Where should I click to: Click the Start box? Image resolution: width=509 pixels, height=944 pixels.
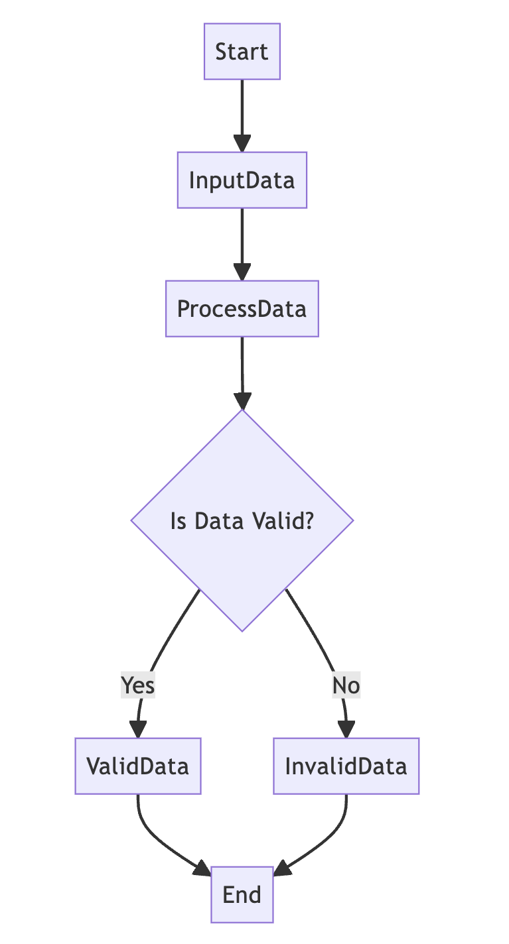coord(242,52)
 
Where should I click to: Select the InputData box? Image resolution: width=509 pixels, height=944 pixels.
coord(242,180)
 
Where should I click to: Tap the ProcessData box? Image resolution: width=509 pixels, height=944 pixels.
coord(242,309)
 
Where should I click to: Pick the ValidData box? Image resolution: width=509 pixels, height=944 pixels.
coord(138,766)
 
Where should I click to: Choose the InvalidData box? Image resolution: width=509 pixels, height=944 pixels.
coord(346,766)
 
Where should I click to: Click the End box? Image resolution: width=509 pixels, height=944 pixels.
coord(242,895)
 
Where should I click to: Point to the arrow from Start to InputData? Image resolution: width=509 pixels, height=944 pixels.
coord(242,109)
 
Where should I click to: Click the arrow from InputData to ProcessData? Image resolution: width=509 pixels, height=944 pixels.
coord(242,239)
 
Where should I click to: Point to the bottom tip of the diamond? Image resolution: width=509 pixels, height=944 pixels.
coord(242,629)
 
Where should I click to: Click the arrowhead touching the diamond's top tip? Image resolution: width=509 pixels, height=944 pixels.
coord(243,402)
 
